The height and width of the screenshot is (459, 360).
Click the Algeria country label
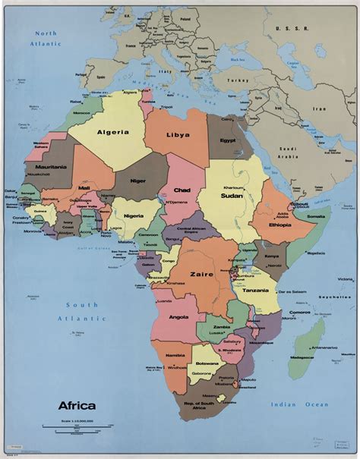[x=112, y=131]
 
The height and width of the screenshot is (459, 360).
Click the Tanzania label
[x=256, y=291]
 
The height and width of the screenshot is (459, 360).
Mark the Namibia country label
[x=174, y=355]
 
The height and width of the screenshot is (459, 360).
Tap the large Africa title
[x=77, y=405]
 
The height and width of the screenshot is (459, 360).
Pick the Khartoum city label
[x=233, y=186]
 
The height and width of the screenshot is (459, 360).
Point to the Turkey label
[x=242, y=80]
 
